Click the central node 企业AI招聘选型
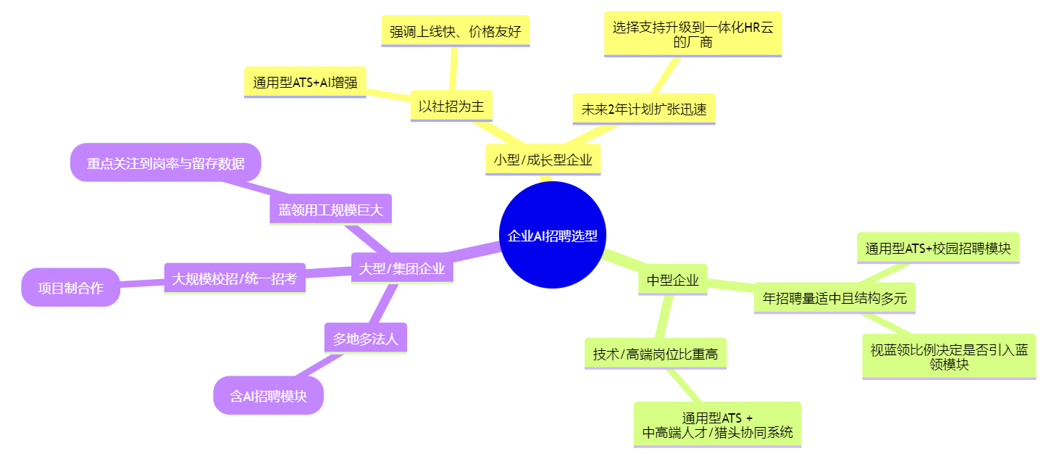point(553,235)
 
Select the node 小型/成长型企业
point(543,160)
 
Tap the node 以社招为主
point(451,106)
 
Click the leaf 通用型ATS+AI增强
point(305,82)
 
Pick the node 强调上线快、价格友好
point(455,31)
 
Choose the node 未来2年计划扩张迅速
point(643,109)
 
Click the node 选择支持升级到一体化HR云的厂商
point(693,34)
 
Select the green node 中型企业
point(672,280)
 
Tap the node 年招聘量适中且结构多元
point(834,297)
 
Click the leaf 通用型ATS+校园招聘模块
point(937,248)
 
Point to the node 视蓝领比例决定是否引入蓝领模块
point(949,356)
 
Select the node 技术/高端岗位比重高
point(655,354)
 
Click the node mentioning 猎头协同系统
point(717,426)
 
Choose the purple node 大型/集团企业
point(402,269)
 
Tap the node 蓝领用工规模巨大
point(330,210)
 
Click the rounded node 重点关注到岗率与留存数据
point(165,163)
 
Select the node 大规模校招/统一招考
point(235,278)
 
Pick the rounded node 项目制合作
point(70,288)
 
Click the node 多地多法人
point(365,338)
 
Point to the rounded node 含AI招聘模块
point(268,396)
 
